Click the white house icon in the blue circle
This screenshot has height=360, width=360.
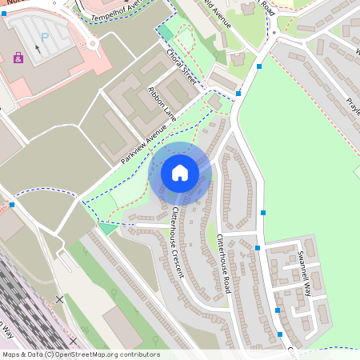pos(180,172)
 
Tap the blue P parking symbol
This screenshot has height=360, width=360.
pos(45,36)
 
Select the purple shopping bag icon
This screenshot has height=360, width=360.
pos(18,58)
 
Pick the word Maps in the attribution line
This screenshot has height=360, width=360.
pos(11,354)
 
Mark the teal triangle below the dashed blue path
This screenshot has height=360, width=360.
pos(107,229)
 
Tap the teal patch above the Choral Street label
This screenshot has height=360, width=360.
pos(165,31)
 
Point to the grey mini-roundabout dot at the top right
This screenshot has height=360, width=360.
pos(274,33)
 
